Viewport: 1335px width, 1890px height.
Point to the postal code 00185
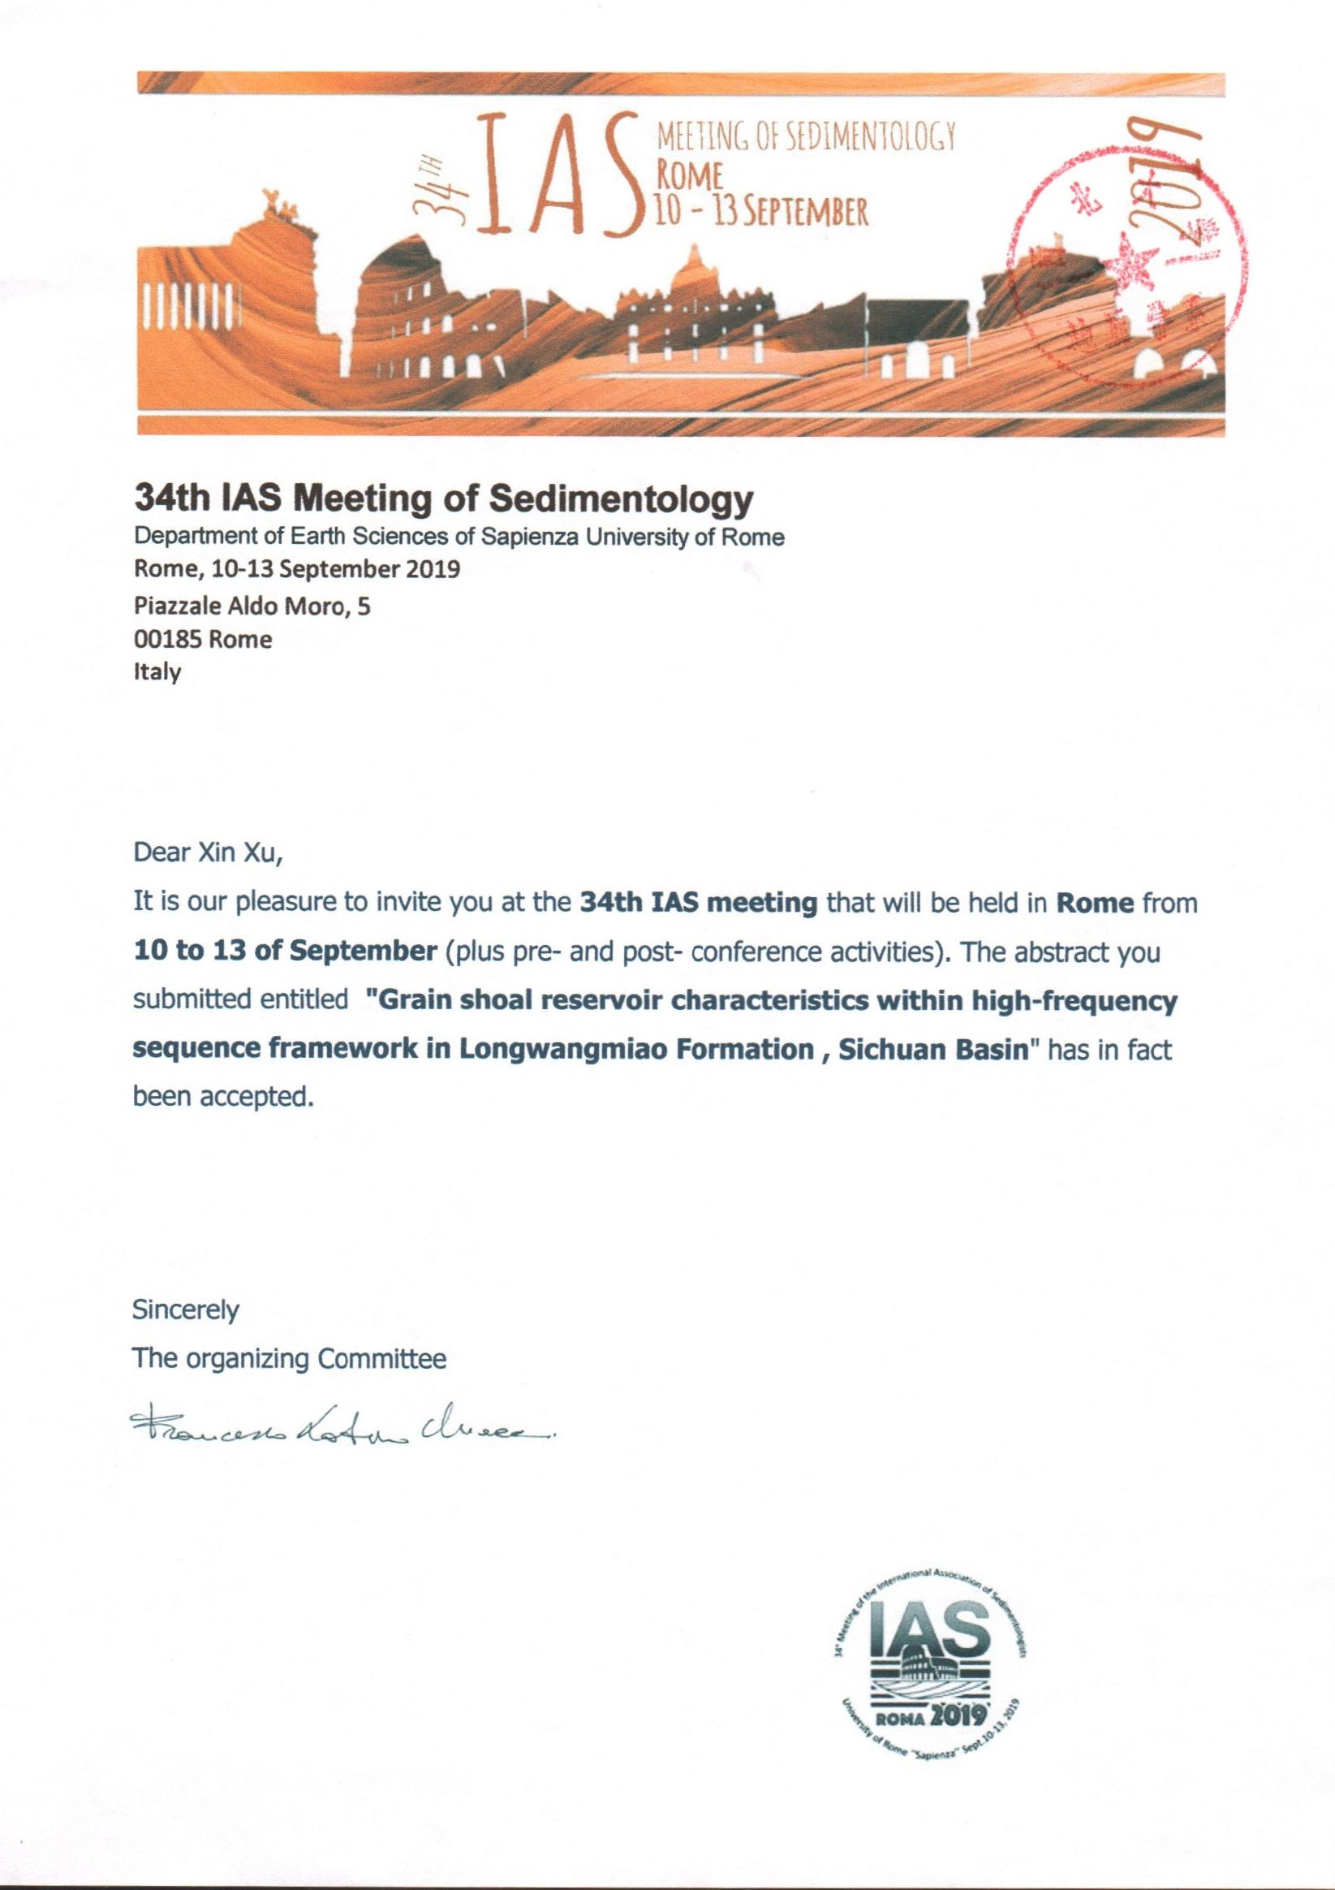click(167, 640)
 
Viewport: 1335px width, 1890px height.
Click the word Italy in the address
click(157, 671)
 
